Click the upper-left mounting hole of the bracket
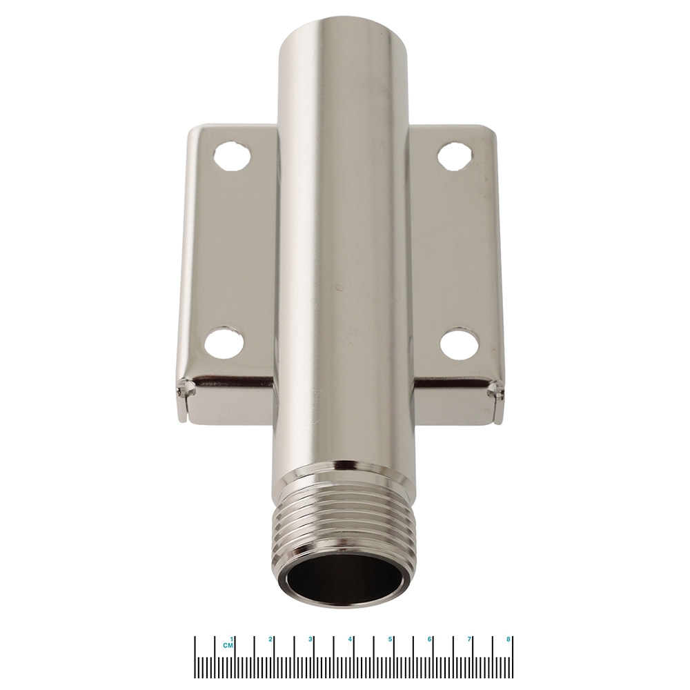point(231,157)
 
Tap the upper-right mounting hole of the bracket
point(455,156)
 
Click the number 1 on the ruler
point(232,639)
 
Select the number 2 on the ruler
point(271,639)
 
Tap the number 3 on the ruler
point(310,639)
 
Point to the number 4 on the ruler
point(351,639)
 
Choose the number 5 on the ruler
point(391,639)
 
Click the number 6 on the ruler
point(430,639)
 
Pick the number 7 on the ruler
point(470,639)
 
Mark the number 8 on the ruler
point(509,639)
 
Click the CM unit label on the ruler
point(227,646)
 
